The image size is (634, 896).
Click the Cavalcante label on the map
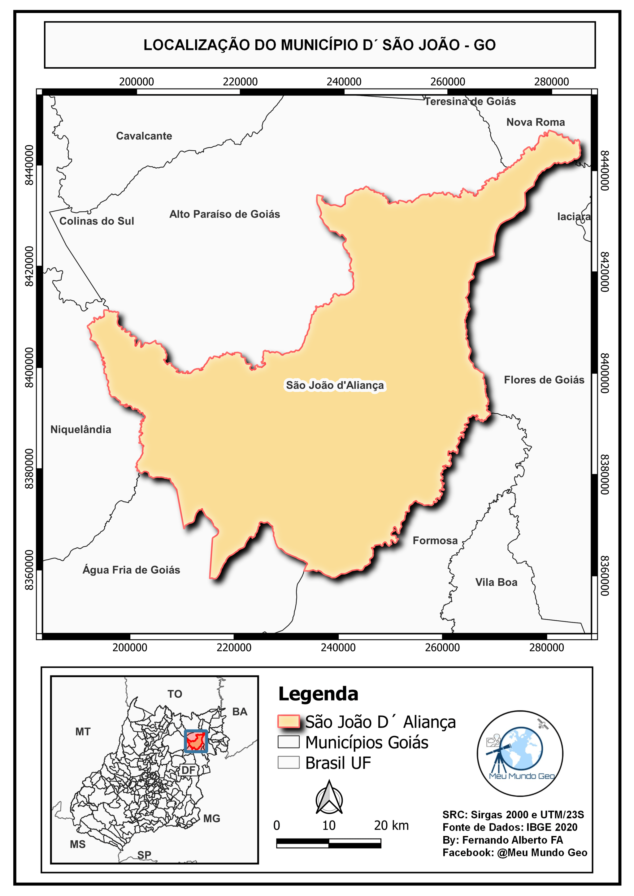pyautogui.click(x=144, y=136)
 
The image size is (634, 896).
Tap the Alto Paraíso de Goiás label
pyautogui.click(x=224, y=214)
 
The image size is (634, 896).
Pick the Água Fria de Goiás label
pyautogui.click(x=131, y=570)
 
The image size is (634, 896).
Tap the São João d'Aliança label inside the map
pyautogui.click(x=335, y=385)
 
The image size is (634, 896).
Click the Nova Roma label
pyautogui.click(x=535, y=122)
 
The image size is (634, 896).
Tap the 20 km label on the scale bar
pyautogui.click(x=391, y=825)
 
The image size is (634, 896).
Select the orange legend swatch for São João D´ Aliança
pyautogui.click(x=289, y=722)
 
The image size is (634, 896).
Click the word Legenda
pyautogui.click(x=318, y=694)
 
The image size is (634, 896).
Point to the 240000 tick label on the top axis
pyautogui.click(x=344, y=82)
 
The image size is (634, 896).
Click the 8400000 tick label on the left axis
pyautogui.click(x=29, y=368)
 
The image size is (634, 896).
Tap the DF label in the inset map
pyautogui.click(x=189, y=770)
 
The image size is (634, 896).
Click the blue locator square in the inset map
pyautogui.click(x=196, y=741)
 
